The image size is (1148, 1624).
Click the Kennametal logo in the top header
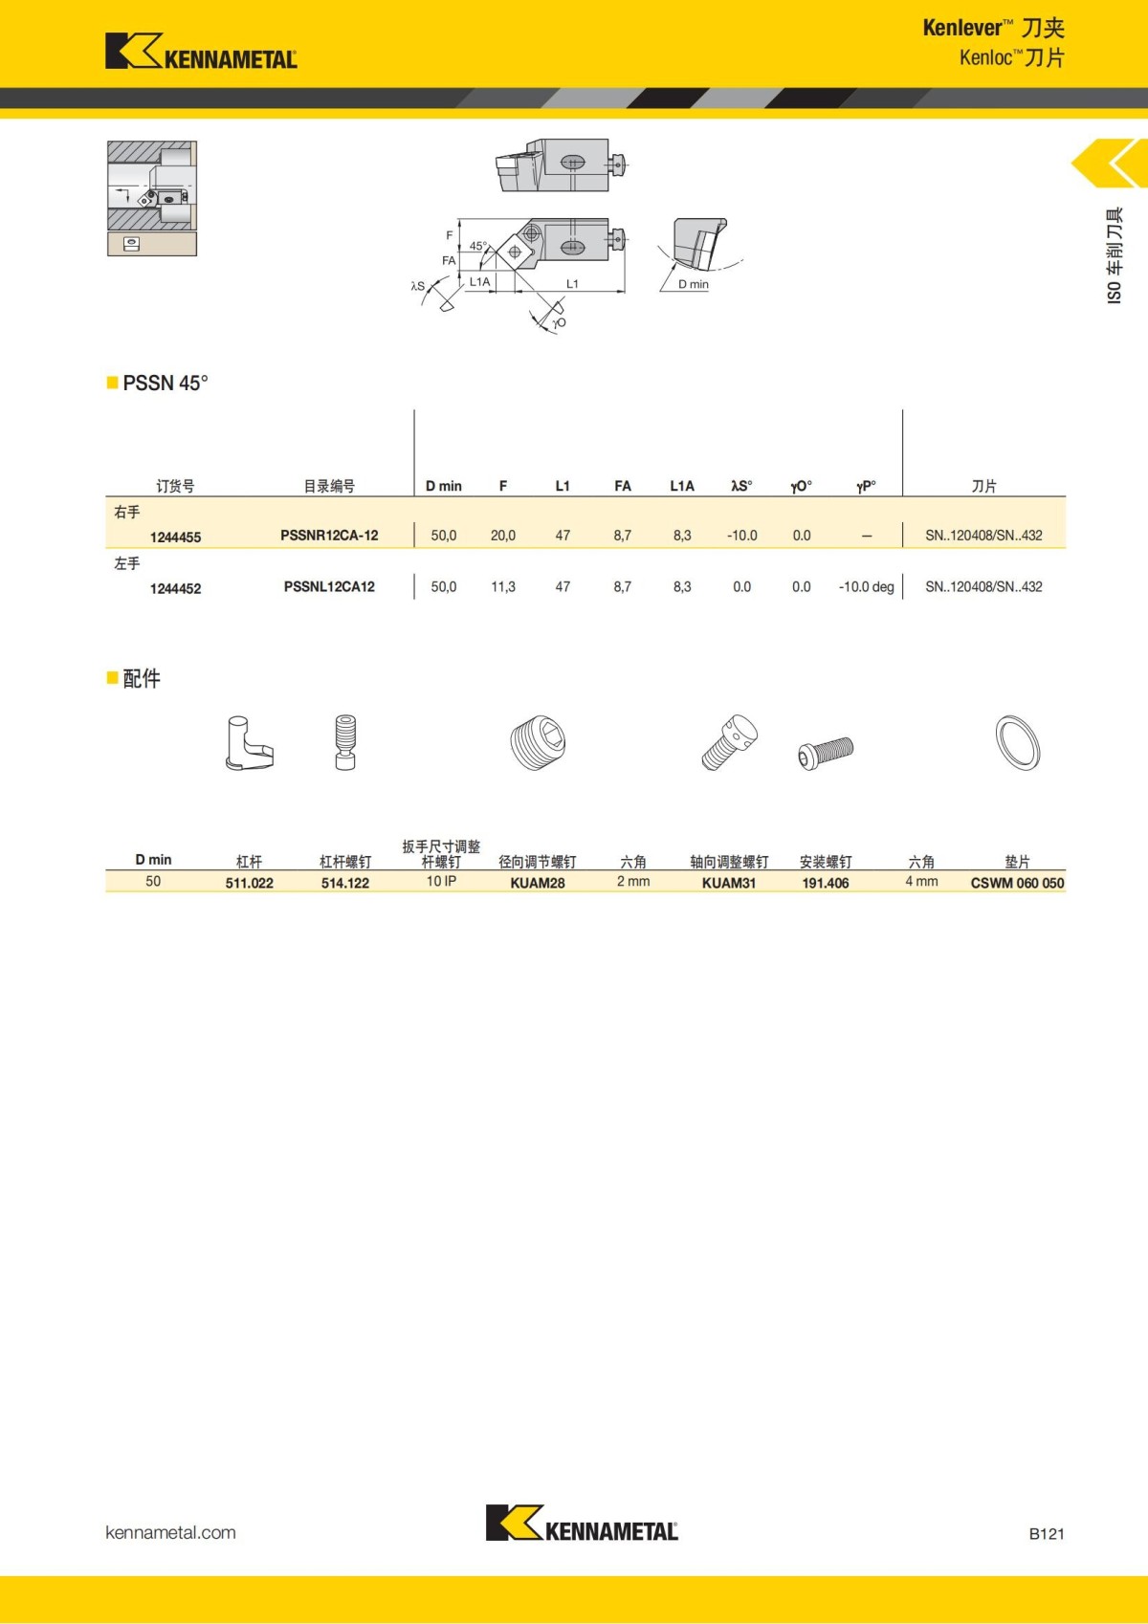pyautogui.click(x=201, y=52)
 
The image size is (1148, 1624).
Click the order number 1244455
pyautogui.click(x=175, y=538)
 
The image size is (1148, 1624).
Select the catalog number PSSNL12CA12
pyautogui.click(x=329, y=586)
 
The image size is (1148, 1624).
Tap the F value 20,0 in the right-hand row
pyautogui.click(x=503, y=536)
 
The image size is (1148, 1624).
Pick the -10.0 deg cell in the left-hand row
pyautogui.click(x=866, y=586)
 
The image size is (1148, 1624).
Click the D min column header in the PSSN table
pyautogui.click(x=443, y=486)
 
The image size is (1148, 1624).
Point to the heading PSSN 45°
pyautogui.click(x=165, y=383)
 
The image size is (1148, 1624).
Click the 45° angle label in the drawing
pyautogui.click(x=477, y=246)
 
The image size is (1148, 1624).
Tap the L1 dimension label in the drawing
pyautogui.click(x=572, y=284)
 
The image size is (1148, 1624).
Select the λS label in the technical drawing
pyautogui.click(x=418, y=286)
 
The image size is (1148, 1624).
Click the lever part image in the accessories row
pyautogui.click(x=249, y=743)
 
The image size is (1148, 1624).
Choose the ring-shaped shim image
pyautogui.click(x=1017, y=742)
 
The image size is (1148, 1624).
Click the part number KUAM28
pyautogui.click(x=537, y=883)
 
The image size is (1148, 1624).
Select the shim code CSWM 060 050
pyautogui.click(x=1017, y=883)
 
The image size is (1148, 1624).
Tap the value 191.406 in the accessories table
pyautogui.click(x=825, y=883)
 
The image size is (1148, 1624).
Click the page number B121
pyautogui.click(x=1046, y=1533)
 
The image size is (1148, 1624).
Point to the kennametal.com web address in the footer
pyautogui.click(x=170, y=1532)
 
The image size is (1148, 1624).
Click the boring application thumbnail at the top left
pyautogui.click(x=151, y=198)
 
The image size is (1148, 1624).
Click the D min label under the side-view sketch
pyautogui.click(x=694, y=284)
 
